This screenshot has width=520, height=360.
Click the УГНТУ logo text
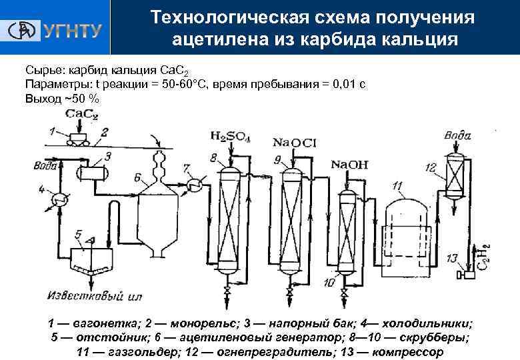click(x=72, y=31)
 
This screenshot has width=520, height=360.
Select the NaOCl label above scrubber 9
click(x=289, y=142)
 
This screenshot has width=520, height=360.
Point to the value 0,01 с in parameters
click(x=344, y=86)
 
